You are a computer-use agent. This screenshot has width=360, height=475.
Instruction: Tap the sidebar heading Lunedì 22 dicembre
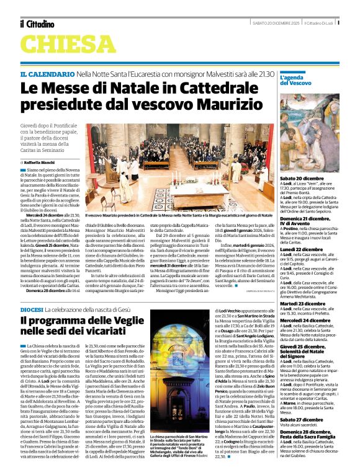point(308,249)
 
